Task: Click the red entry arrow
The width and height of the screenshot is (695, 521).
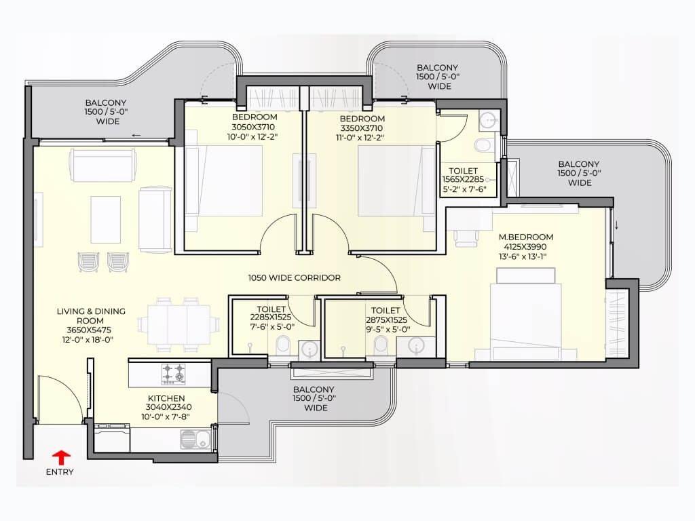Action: click(62, 457)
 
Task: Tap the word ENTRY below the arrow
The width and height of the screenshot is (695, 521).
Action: click(60, 472)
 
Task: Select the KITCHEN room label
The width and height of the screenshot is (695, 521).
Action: click(166, 398)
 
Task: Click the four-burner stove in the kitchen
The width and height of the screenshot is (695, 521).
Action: click(173, 373)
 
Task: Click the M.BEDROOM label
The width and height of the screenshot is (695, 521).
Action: click(526, 237)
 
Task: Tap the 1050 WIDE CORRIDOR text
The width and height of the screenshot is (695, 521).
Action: click(295, 277)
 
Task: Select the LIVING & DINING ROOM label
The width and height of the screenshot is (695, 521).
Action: click(91, 316)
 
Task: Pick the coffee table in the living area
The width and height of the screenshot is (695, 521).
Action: click(105, 220)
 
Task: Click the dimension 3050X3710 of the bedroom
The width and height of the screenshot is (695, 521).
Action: click(253, 127)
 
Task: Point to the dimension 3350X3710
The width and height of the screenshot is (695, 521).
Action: click(361, 128)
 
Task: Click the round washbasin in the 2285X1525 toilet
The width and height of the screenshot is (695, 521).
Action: click(309, 349)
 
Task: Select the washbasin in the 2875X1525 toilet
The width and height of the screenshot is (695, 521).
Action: click(416, 346)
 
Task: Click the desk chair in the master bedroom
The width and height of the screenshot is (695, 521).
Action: click(466, 237)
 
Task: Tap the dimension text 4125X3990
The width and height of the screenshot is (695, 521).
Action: click(525, 247)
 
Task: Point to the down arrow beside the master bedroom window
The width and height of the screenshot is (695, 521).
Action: click(616, 225)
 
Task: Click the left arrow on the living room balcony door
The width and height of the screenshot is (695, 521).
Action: click(136, 135)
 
